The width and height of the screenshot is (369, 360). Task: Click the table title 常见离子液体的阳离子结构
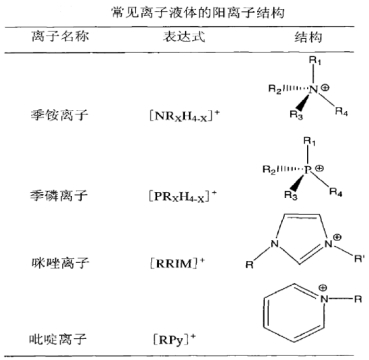tap(186, 13)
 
